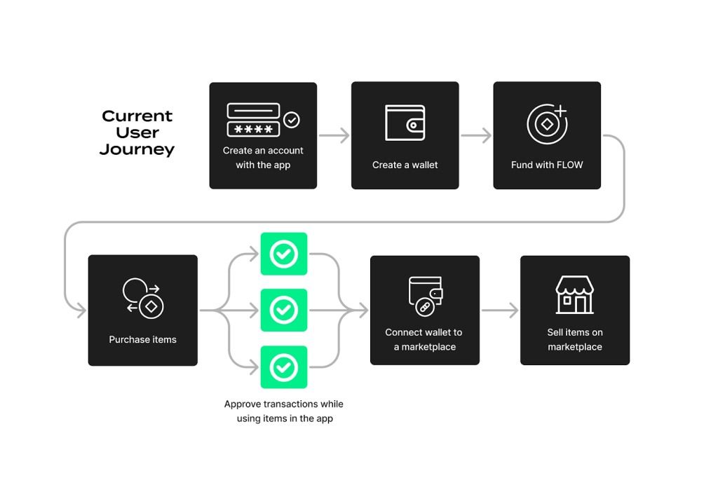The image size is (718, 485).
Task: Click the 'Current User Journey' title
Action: pyautogui.click(x=137, y=132)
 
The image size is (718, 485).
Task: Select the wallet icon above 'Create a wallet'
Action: pyautogui.click(x=405, y=123)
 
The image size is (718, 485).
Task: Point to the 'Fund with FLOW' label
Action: pyautogui.click(x=547, y=165)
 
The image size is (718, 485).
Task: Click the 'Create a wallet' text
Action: pyautogui.click(x=405, y=165)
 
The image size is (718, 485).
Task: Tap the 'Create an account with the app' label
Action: pyautogui.click(x=263, y=158)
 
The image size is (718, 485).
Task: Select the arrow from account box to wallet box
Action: pyautogui.click(x=334, y=136)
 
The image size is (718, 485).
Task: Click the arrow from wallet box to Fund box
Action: pyautogui.click(x=476, y=136)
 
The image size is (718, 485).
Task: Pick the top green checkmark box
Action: pyautogui.click(x=284, y=254)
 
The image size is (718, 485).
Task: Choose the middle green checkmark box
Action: pyautogui.click(x=284, y=310)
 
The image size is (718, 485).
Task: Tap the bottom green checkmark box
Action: pyautogui.click(x=284, y=367)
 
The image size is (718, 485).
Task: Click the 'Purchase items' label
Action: pyautogui.click(x=143, y=340)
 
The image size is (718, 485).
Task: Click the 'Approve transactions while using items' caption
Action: pyautogui.click(x=284, y=411)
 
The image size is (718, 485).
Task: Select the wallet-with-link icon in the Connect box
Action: pyautogui.click(x=425, y=295)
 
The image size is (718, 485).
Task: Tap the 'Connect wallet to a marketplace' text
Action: pyautogui.click(x=424, y=340)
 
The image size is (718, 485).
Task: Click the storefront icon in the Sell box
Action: pyautogui.click(x=575, y=294)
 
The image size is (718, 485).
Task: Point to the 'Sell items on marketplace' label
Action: pyautogui.click(x=575, y=340)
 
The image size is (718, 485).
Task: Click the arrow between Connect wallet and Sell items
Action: pyautogui.click(x=500, y=310)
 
